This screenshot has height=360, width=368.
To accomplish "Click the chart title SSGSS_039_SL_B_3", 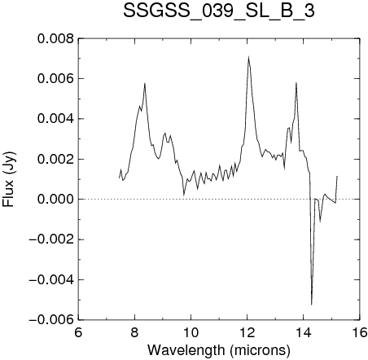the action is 219,11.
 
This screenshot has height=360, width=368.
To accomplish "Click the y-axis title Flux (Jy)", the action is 9,179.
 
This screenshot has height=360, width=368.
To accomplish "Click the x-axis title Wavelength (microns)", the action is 219,350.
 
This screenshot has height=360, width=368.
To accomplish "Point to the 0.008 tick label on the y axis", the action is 55,39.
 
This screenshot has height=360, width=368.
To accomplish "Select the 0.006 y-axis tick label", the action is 55,79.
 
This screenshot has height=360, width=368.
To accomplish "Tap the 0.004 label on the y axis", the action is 55,119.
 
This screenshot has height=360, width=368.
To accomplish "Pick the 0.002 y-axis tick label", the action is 55,160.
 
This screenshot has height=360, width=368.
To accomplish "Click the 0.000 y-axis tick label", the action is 55,200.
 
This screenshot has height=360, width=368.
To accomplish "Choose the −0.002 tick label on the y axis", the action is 51,239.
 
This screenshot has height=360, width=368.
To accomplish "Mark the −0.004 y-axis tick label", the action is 51,280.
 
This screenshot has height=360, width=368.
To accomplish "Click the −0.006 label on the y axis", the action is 51,320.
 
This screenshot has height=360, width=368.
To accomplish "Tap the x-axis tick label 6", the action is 78,332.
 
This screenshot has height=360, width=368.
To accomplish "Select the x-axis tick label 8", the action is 134,332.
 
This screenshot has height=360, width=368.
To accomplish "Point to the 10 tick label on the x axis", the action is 191,332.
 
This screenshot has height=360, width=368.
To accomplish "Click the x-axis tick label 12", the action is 248,332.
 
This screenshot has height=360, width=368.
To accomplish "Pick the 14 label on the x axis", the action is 304,332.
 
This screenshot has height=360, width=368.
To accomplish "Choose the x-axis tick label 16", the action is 360,332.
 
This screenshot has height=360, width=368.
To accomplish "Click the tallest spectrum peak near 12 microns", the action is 248,56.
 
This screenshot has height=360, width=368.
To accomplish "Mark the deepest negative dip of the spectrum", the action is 312,305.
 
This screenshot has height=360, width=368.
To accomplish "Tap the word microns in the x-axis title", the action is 260,350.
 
